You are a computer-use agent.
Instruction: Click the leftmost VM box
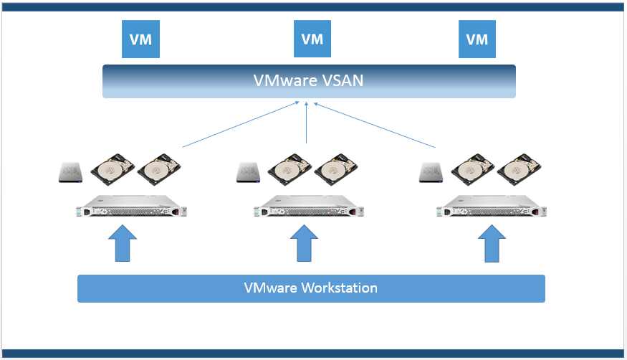pyautogui.click(x=140, y=39)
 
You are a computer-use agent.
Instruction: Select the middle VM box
pyautogui.click(x=312, y=39)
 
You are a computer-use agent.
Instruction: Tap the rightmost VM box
pyautogui.click(x=477, y=39)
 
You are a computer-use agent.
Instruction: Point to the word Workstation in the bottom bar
pyautogui.click(x=339, y=288)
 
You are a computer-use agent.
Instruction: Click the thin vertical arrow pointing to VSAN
pyautogui.click(x=306, y=123)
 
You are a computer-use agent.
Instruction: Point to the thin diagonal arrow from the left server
pyautogui.click(x=240, y=125)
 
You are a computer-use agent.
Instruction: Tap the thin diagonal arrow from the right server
pyautogui.click(x=375, y=125)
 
